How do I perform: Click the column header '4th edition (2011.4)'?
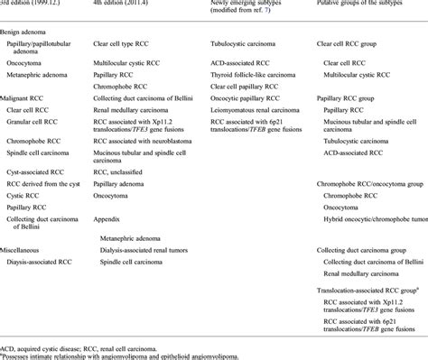click(128, 5)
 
